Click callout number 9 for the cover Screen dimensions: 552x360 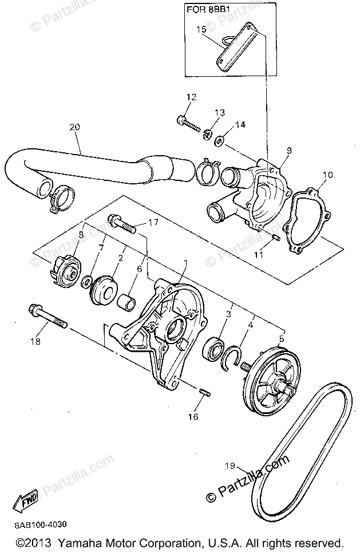coord(289,151)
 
